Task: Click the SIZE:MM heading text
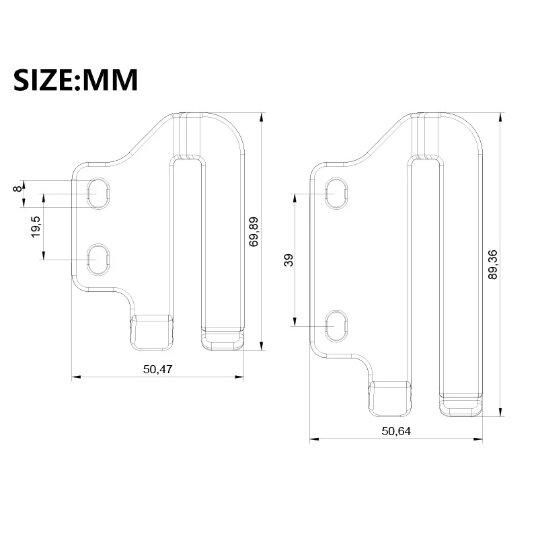(x=75, y=79)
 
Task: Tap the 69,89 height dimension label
(x=254, y=232)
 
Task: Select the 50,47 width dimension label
(x=158, y=369)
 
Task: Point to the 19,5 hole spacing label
(x=36, y=227)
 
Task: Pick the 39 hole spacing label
(x=289, y=260)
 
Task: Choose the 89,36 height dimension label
(x=493, y=264)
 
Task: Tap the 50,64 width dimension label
(x=396, y=431)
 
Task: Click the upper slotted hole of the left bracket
(x=98, y=194)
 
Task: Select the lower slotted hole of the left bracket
(x=98, y=260)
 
